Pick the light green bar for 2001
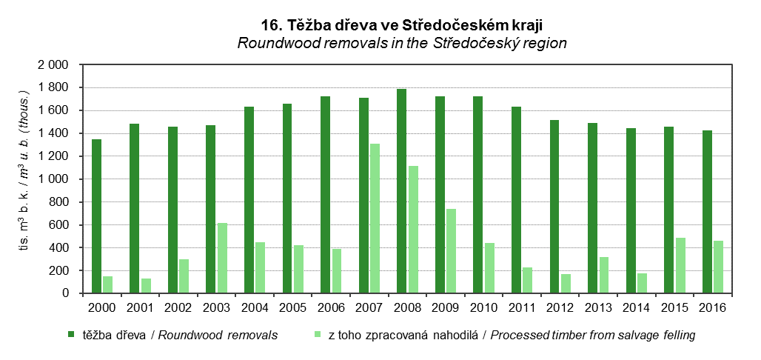pyautogui.click(x=147, y=286)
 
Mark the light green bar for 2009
pyautogui.click(x=452, y=251)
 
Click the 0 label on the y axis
pyautogui.click(x=65, y=293)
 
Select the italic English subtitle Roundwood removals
pyautogui.click(x=402, y=43)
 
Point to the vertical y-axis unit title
pyautogui.click(x=23, y=179)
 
